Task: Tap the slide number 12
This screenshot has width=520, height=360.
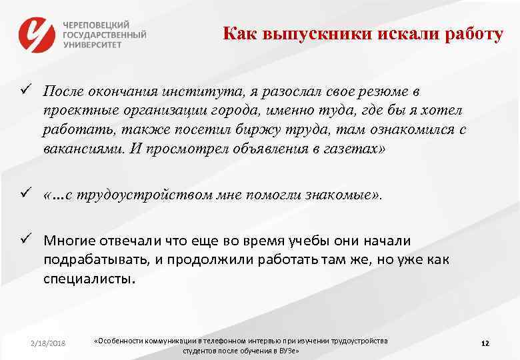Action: tap(485, 343)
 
